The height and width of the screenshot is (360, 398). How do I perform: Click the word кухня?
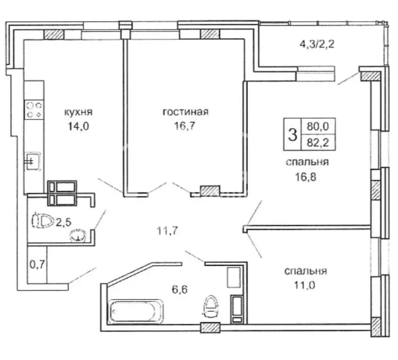pos(78,112)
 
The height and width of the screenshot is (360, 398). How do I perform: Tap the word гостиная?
pos(185,112)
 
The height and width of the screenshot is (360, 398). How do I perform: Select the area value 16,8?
pos(306,178)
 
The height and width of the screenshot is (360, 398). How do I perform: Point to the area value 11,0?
pos(306,286)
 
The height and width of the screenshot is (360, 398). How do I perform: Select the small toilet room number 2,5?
pos(64,221)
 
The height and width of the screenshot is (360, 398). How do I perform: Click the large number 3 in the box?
pos(291,135)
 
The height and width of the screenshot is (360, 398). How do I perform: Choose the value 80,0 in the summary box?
pos(318,126)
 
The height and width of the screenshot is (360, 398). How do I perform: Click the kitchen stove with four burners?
pos(34,110)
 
